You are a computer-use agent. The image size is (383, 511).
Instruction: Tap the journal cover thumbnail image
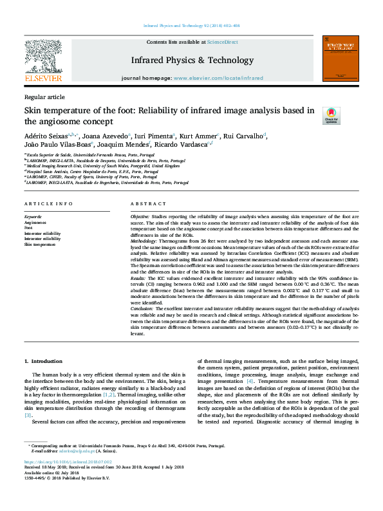[x=340, y=59]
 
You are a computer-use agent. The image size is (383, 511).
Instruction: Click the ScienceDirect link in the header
[x=223, y=42]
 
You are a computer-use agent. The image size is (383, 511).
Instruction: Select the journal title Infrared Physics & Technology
[x=192, y=60]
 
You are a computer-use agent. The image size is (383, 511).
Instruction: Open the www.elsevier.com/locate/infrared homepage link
[x=218, y=78]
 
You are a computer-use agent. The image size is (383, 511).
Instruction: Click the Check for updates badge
[x=331, y=116]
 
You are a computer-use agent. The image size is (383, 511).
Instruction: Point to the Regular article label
[x=44, y=97]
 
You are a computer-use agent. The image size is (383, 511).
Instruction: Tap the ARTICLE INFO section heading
[x=48, y=204]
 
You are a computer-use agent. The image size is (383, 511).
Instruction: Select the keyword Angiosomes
[x=35, y=223]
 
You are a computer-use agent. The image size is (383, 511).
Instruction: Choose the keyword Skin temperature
[x=39, y=245]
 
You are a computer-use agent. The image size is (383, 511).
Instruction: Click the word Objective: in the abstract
[x=142, y=218]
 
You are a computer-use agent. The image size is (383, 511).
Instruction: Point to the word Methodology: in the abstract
[x=146, y=240]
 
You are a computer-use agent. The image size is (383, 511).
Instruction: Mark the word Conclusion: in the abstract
[x=144, y=309]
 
